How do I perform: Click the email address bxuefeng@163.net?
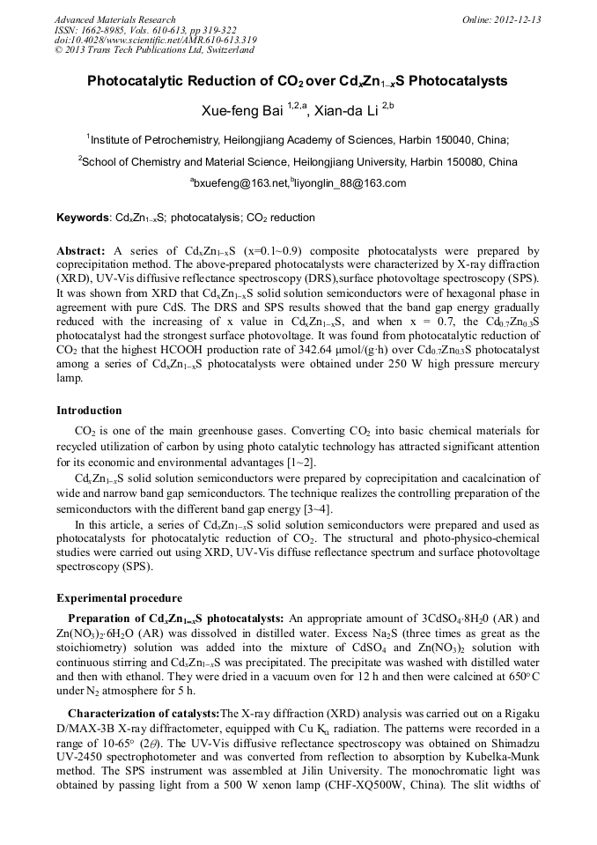239,183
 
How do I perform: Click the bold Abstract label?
81,251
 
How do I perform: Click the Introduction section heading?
89,411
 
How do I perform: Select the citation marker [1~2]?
300,462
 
